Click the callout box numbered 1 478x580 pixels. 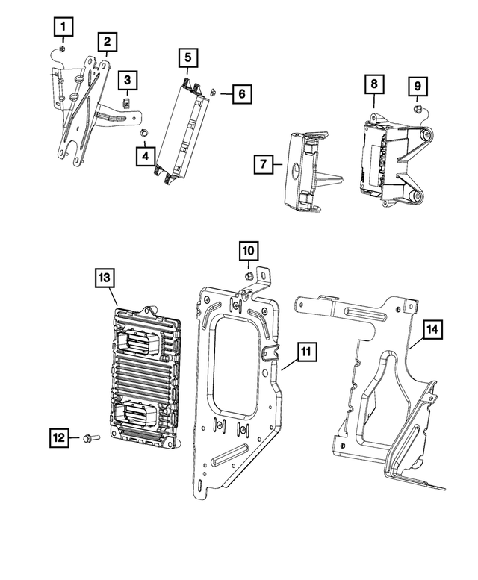click(64, 28)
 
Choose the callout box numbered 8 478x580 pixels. click(373, 85)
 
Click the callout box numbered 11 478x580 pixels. click(304, 352)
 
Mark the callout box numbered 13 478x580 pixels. click(105, 278)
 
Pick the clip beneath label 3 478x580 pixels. click(128, 101)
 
